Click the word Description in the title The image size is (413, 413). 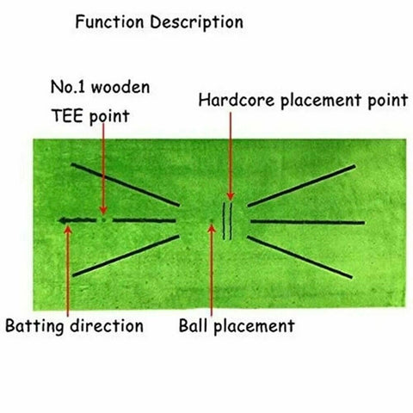195,21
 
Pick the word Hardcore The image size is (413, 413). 231,100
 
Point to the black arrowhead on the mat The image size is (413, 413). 65,221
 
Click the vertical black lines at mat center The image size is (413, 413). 228,221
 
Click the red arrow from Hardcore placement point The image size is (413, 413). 230,155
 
